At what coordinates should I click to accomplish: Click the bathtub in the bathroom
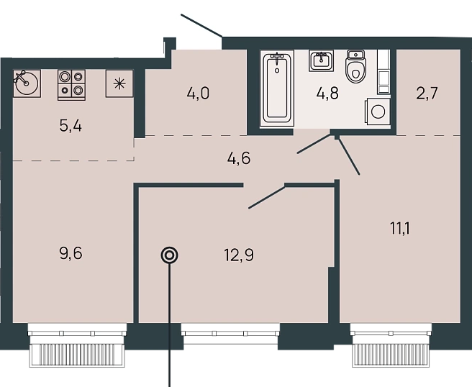tap(277, 88)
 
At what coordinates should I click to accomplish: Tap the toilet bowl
tap(355, 66)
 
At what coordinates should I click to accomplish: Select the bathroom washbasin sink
tap(321, 61)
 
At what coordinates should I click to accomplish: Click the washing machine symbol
tap(378, 111)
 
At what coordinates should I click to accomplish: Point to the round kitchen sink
tap(27, 83)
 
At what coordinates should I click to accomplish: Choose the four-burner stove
tap(72, 85)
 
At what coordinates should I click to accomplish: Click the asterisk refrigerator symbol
tap(119, 83)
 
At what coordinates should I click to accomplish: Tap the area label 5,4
tap(71, 126)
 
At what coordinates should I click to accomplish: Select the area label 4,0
tap(198, 94)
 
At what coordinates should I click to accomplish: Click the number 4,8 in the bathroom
tap(327, 94)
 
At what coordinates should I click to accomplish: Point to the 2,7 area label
tap(427, 94)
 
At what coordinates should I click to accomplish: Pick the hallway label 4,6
tap(239, 158)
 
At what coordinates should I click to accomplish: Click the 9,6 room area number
tap(71, 253)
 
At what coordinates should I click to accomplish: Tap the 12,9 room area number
tap(239, 255)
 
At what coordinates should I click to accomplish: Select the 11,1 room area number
tap(400, 229)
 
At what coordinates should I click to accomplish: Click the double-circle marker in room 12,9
tap(170, 255)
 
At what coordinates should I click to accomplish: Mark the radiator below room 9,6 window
tap(76, 355)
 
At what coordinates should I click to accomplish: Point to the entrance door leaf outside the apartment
tap(201, 26)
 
